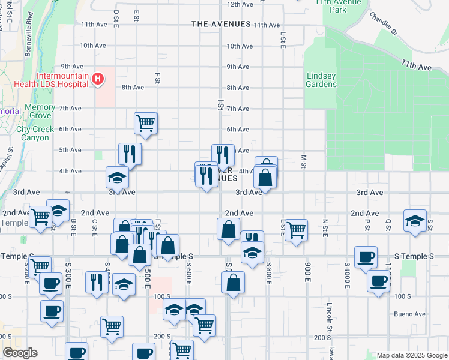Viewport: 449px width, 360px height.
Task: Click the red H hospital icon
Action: tap(97, 79)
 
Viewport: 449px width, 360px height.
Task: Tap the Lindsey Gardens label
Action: tap(322, 80)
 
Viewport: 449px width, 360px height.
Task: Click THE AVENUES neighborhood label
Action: tap(221, 24)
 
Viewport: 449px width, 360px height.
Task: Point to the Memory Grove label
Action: tap(41, 111)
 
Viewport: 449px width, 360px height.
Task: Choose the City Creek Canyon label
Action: tap(41, 133)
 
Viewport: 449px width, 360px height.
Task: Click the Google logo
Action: tap(20, 353)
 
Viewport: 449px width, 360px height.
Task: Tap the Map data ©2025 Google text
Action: tap(411, 355)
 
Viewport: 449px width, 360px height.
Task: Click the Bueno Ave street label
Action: tap(410, 314)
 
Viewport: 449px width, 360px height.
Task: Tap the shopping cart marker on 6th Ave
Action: tap(146, 123)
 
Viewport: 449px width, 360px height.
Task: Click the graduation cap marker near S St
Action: tap(415, 221)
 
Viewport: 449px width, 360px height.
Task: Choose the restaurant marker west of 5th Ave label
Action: tap(223, 155)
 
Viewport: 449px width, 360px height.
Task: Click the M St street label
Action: tap(304, 161)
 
